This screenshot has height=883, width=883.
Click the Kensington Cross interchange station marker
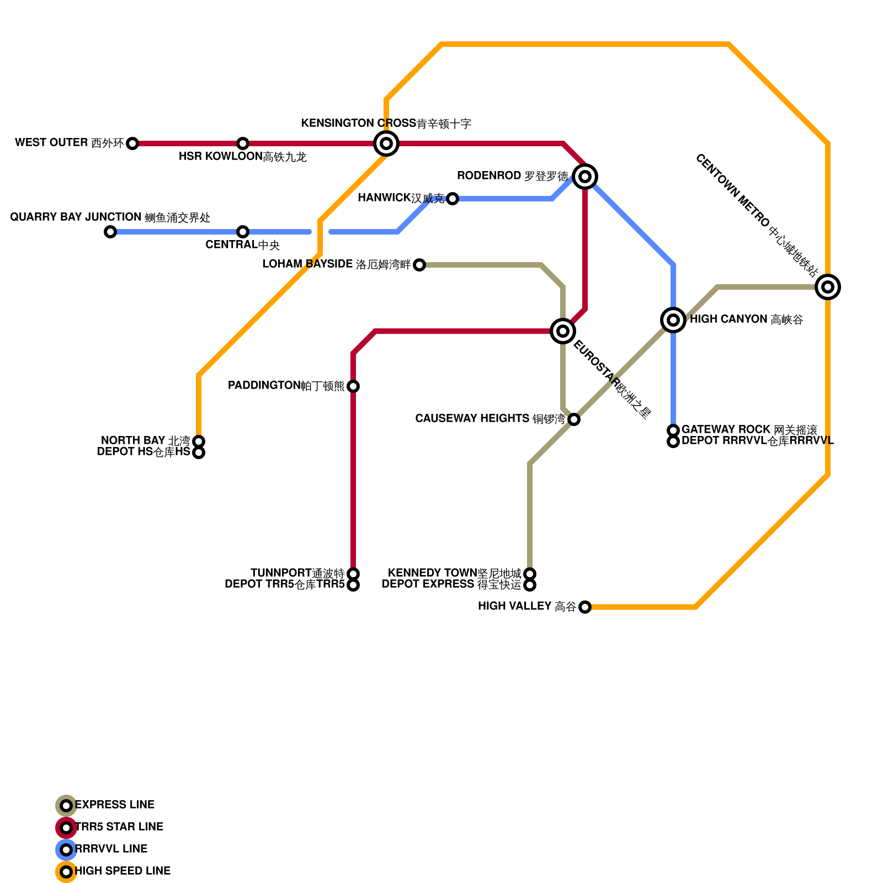386,143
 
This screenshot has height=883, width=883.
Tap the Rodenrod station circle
585,177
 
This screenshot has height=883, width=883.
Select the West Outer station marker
132,143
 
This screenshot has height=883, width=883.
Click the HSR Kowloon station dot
243,143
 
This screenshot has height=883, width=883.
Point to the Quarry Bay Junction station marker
110,232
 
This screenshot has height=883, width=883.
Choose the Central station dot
243,232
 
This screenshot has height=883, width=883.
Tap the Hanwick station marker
453,199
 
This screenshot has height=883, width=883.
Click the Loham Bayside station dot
419,265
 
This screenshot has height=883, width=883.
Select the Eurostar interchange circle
563,331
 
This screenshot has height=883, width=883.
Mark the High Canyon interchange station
673,320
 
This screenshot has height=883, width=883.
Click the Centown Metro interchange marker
828,287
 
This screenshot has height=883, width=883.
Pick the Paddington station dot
353,386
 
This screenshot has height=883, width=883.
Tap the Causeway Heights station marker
574,419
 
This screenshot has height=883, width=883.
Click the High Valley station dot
585,607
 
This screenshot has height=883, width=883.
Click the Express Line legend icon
66,806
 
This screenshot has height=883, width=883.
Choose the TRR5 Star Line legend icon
66,828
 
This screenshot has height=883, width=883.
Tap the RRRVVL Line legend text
111,849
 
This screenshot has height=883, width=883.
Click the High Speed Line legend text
123,871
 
